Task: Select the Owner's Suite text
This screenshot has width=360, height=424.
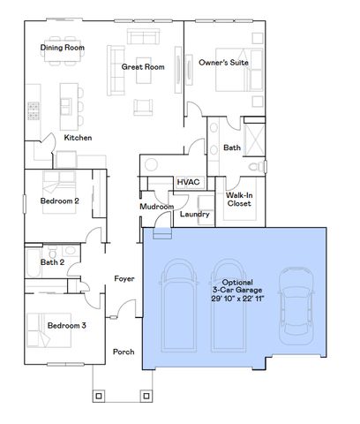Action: point(223,63)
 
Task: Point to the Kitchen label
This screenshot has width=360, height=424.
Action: point(78,138)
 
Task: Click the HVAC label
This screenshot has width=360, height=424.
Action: point(187,181)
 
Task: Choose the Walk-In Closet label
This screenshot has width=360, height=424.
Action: point(239,199)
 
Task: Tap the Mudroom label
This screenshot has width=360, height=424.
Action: point(157,207)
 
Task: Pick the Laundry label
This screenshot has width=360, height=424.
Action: point(193,214)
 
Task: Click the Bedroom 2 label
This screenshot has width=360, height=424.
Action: point(60,201)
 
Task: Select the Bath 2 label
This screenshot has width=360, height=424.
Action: point(53,261)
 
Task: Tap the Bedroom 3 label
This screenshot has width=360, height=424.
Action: point(66,325)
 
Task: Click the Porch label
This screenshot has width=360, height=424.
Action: point(124,352)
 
